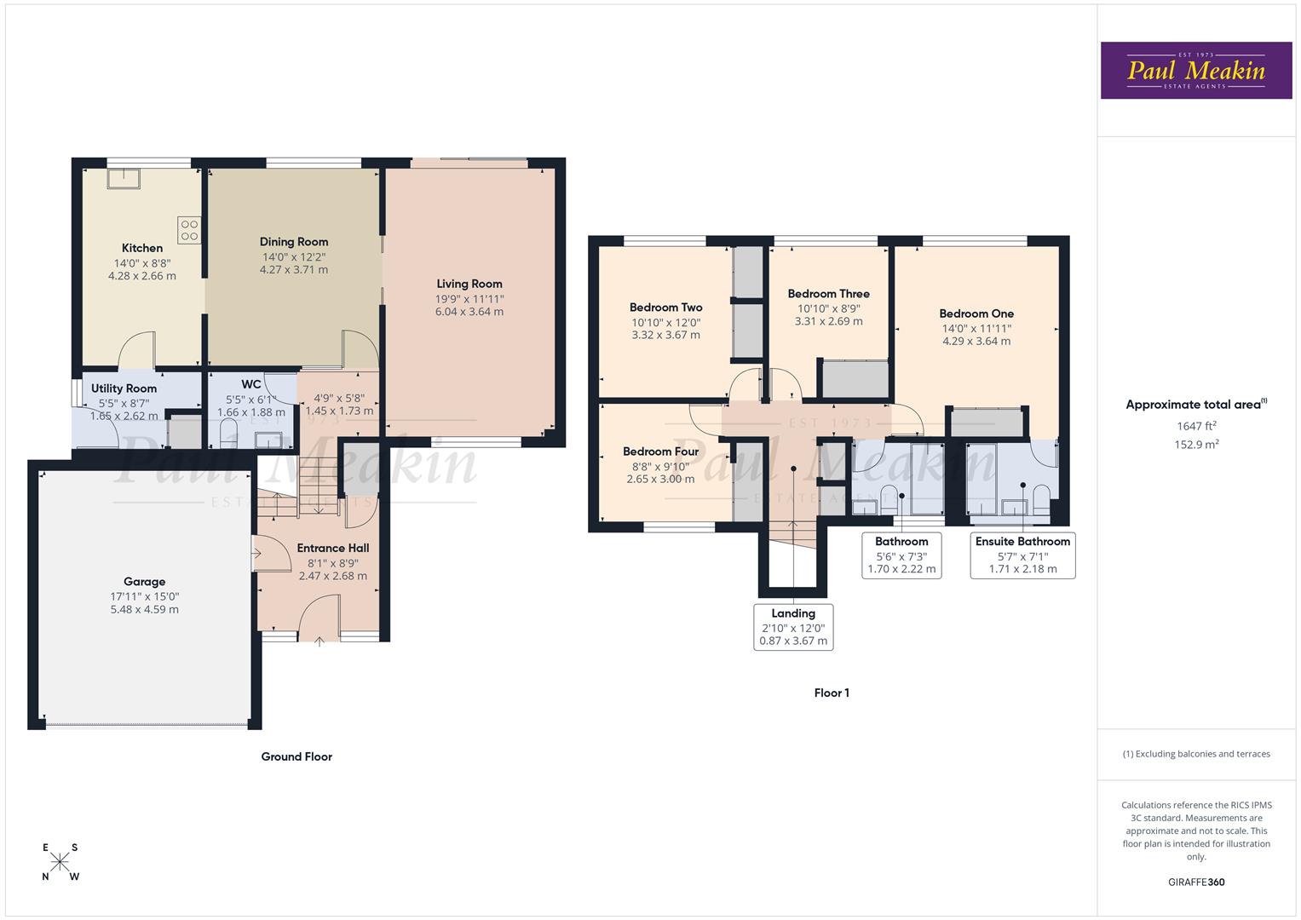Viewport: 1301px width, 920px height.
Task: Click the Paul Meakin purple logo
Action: (1196, 71)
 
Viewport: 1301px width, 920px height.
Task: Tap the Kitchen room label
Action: (142, 248)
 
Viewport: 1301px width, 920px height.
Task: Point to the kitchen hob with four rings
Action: (189, 229)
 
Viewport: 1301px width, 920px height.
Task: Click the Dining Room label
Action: (294, 242)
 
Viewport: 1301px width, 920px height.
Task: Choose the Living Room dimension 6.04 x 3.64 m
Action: (469, 312)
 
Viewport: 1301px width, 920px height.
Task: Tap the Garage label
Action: (144, 582)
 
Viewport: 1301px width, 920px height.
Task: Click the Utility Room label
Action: (124, 388)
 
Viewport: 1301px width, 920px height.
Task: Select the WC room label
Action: (251, 384)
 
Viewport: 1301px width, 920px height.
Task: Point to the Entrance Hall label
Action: (333, 548)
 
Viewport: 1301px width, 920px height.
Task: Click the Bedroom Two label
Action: (666, 308)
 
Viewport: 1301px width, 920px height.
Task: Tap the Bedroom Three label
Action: (829, 294)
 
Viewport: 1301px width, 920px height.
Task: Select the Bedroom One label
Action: (976, 313)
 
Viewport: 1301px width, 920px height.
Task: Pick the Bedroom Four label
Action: (660, 451)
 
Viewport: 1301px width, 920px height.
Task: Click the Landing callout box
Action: (793, 627)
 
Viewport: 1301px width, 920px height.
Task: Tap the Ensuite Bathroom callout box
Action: (1022, 555)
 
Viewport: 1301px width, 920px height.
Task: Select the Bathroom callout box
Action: (901, 555)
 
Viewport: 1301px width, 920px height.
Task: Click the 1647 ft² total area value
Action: (1196, 426)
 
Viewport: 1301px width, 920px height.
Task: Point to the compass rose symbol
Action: (60, 862)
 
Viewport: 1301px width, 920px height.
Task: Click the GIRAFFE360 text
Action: (1196, 882)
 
